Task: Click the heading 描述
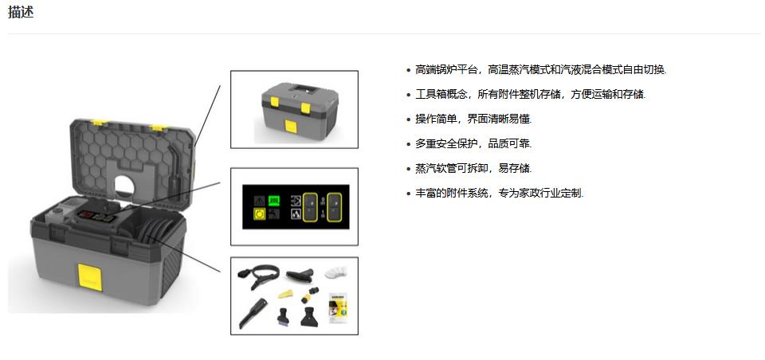coord(21,13)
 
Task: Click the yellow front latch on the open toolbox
coord(90,275)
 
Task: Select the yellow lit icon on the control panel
coord(258,214)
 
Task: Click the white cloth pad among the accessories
coord(337,271)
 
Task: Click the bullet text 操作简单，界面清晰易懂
coord(473,119)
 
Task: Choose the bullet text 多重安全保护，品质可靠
coord(473,143)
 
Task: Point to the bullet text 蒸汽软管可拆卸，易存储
coord(473,168)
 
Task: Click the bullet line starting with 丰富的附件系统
coord(499,193)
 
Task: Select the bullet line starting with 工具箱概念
coord(530,94)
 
